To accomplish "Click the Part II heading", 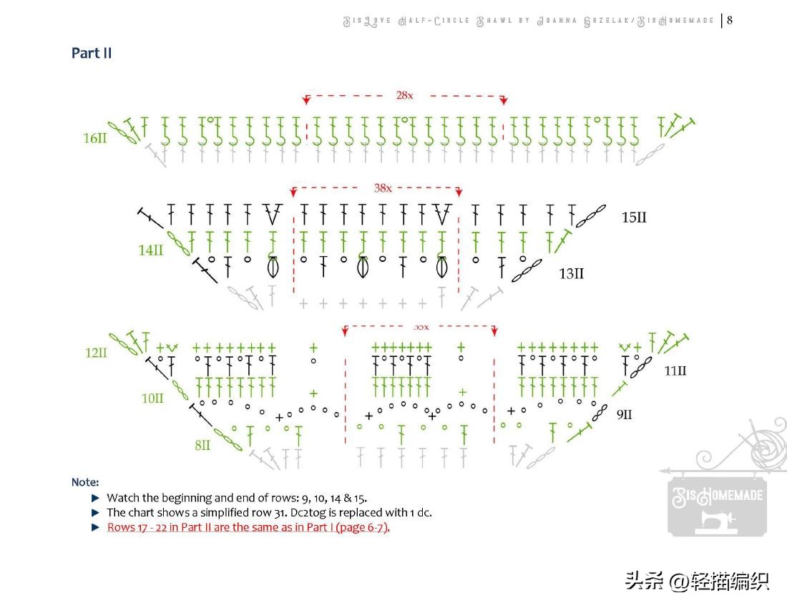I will click(92, 53).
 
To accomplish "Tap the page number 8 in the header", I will click(730, 20).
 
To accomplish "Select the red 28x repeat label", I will click(404, 94).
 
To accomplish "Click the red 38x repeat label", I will click(383, 188).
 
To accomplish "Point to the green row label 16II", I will click(94, 138).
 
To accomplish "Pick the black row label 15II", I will click(634, 217).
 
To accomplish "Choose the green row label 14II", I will click(151, 250).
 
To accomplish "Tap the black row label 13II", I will click(571, 273).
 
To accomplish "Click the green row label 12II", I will click(95, 353).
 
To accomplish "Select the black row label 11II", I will click(675, 371).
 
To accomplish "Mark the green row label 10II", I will click(152, 398).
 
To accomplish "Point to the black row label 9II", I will click(624, 414).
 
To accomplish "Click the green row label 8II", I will click(202, 445).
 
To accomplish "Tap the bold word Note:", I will click(85, 482).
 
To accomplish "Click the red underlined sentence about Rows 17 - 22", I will click(248, 528).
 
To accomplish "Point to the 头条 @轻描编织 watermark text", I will click(697, 580).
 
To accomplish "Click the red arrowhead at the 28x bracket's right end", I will click(504, 99).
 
